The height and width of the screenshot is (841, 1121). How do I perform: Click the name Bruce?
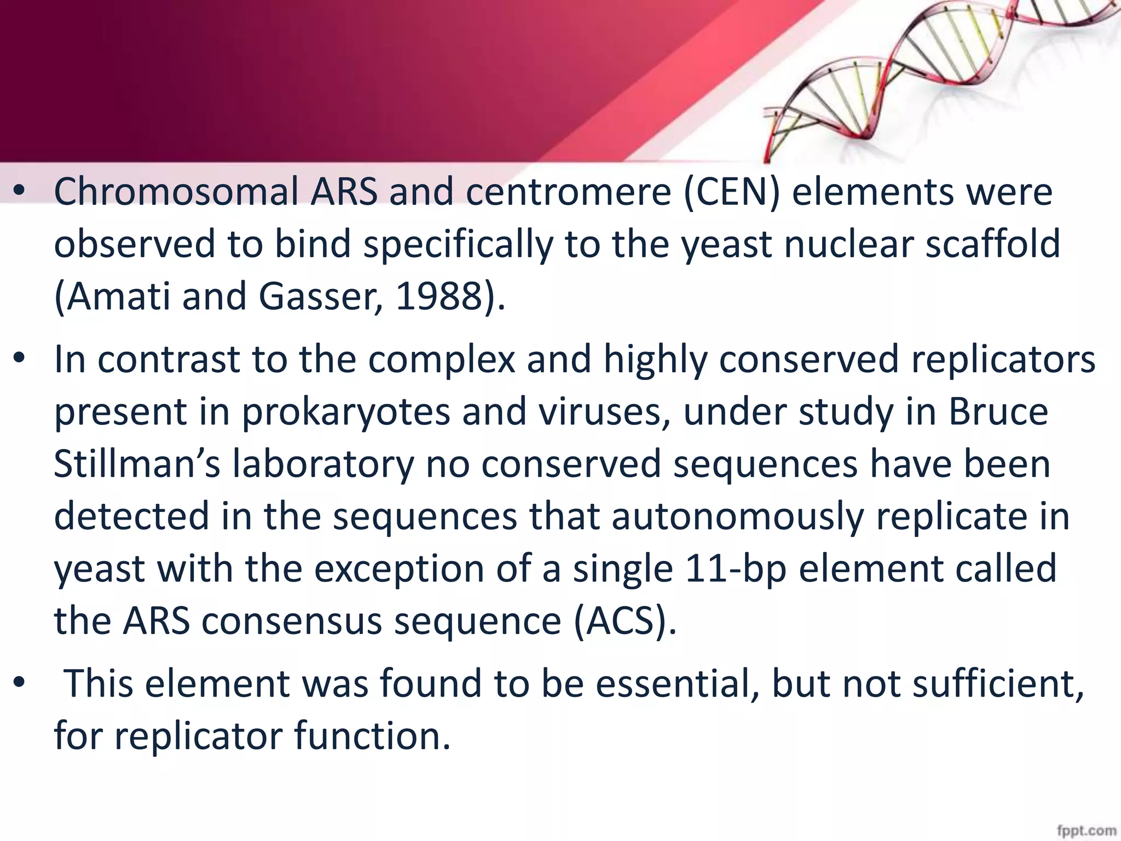coord(998,412)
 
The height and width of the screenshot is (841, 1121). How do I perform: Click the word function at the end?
coord(372,736)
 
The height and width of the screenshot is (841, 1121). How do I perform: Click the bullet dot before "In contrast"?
coord(20,359)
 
